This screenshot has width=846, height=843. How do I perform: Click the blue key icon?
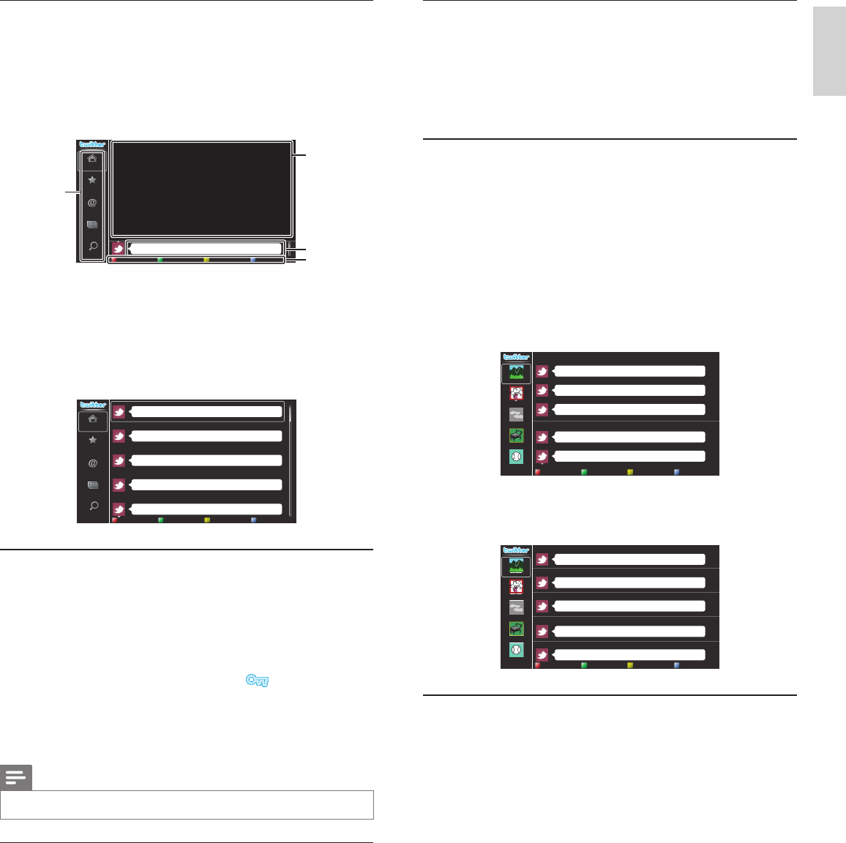coord(258,681)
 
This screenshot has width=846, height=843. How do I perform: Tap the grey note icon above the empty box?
coord(16,778)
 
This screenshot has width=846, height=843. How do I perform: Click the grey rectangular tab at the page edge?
coord(829,63)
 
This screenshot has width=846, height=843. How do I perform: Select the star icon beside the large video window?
coord(92,180)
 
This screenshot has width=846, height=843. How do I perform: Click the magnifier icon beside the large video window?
coord(92,247)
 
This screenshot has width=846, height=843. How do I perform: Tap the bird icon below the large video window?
coord(118,249)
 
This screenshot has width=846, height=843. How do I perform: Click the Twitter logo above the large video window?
coord(92,144)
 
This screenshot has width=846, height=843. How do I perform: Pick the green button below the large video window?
coord(160,260)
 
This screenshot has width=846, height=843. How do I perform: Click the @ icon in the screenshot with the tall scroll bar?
coord(92,463)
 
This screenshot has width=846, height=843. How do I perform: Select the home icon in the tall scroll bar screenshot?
coord(92,420)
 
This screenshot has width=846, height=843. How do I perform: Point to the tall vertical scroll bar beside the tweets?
coord(290,461)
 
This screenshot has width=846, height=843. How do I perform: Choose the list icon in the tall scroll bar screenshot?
coord(92,484)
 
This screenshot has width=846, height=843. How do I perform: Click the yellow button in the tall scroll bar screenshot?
coord(207,520)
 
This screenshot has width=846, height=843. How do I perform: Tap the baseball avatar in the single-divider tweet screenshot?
coord(516,456)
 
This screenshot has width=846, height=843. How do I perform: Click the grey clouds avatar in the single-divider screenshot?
coord(516,414)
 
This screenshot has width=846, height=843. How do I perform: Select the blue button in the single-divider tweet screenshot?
coord(677,473)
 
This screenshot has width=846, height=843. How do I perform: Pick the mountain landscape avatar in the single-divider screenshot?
coord(516,373)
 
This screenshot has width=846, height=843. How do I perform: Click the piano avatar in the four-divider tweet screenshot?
coord(516,629)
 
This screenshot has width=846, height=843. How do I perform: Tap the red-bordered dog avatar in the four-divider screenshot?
coord(516,586)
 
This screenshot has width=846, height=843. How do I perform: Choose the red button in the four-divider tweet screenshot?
coord(538,665)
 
